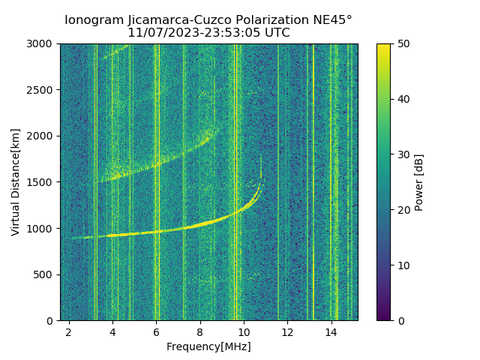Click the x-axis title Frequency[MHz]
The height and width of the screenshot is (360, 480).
[208, 346]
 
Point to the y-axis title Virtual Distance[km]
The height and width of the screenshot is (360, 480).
[15, 181]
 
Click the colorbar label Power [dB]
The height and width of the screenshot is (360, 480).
[419, 182]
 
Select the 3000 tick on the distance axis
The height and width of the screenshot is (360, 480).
[42, 43]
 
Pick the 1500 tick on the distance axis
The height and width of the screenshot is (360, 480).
[42, 182]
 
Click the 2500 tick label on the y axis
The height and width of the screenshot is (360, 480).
[42, 90]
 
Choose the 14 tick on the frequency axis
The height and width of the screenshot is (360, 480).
[331, 331]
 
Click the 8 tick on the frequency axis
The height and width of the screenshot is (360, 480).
[199, 331]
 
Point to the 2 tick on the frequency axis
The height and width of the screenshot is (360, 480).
[69, 331]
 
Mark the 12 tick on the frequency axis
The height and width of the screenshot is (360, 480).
[287, 331]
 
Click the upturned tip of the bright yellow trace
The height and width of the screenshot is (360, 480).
[261, 183]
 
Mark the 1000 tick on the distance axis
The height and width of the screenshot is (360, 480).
[42, 228]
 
